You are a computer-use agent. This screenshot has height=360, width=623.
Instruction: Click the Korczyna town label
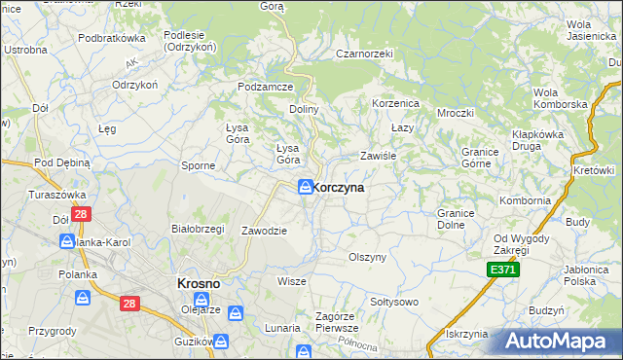[340, 188]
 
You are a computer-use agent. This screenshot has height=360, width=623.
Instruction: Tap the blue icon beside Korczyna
[306, 187]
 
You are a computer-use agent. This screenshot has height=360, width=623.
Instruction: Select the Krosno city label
[198, 283]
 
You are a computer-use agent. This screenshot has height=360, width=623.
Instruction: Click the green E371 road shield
[502, 270]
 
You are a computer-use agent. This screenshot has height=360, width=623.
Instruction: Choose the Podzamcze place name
[266, 87]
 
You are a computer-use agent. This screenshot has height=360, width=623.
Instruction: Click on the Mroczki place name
[455, 112]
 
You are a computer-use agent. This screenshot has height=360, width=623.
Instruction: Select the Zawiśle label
[381, 155]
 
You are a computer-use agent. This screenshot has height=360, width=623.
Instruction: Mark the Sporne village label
[199, 165]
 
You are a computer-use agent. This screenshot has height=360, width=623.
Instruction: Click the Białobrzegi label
[198, 229]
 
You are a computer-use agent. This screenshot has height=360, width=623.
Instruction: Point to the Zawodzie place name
[264, 231]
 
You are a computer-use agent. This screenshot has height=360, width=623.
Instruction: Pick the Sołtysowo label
[391, 302]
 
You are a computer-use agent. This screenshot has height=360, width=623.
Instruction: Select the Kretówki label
[595, 170]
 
